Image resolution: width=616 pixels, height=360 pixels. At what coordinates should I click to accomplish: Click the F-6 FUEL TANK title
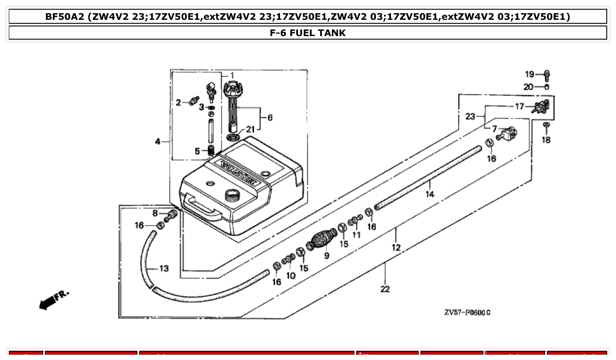(307, 33)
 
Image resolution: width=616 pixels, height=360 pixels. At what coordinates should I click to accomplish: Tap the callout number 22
(385, 289)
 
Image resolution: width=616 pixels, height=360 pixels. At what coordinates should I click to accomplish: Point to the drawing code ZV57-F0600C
(467, 312)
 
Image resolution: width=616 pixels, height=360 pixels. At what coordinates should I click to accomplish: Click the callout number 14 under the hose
(430, 194)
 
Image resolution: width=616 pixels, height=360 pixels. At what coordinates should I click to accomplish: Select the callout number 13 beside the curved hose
(163, 268)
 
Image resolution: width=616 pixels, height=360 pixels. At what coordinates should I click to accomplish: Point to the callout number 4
(157, 142)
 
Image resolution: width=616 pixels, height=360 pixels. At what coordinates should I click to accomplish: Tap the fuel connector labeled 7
(509, 133)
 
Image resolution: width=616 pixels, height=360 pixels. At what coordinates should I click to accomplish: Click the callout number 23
(470, 117)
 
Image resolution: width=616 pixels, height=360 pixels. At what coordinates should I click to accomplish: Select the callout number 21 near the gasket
(250, 129)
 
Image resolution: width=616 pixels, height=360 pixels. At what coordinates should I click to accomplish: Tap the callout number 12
(396, 247)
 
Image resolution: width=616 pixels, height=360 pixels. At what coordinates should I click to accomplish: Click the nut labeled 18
(546, 125)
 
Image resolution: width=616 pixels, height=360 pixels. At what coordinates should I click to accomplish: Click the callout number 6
(269, 118)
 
